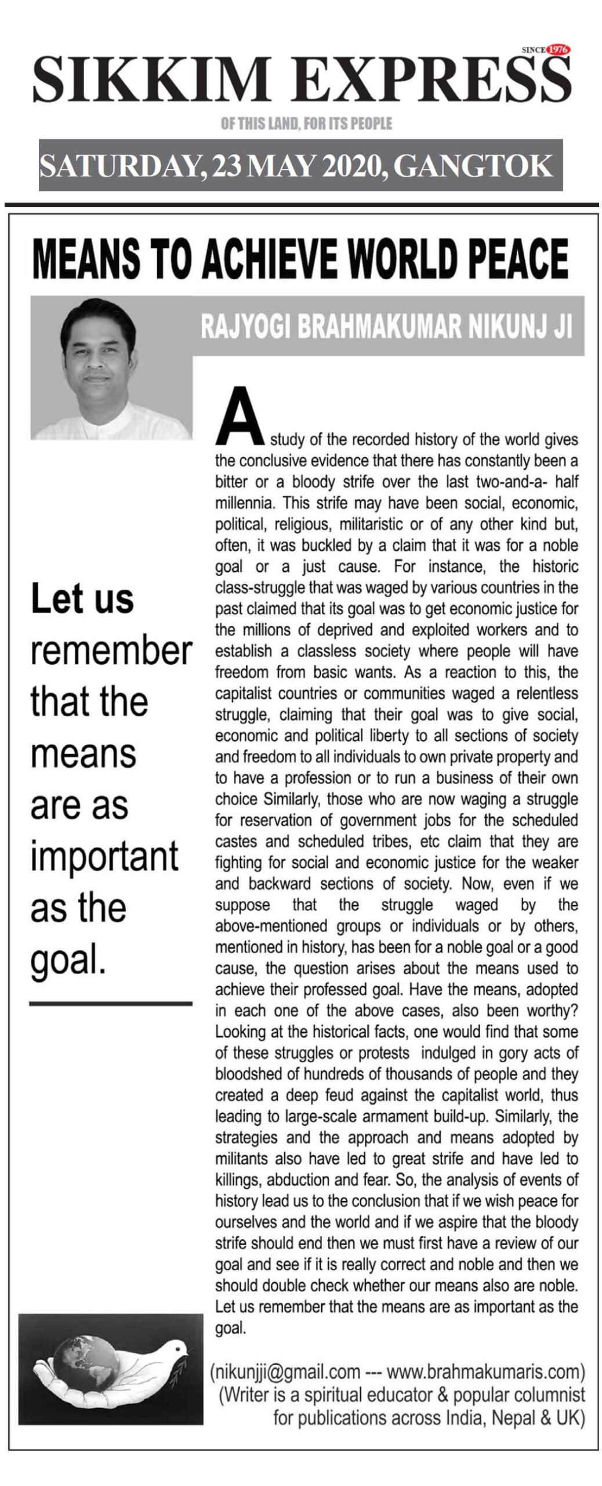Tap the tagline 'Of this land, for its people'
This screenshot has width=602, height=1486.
pos(306,124)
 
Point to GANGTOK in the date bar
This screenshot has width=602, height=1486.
pos(472,165)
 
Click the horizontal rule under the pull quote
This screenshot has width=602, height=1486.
pos(110,1002)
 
